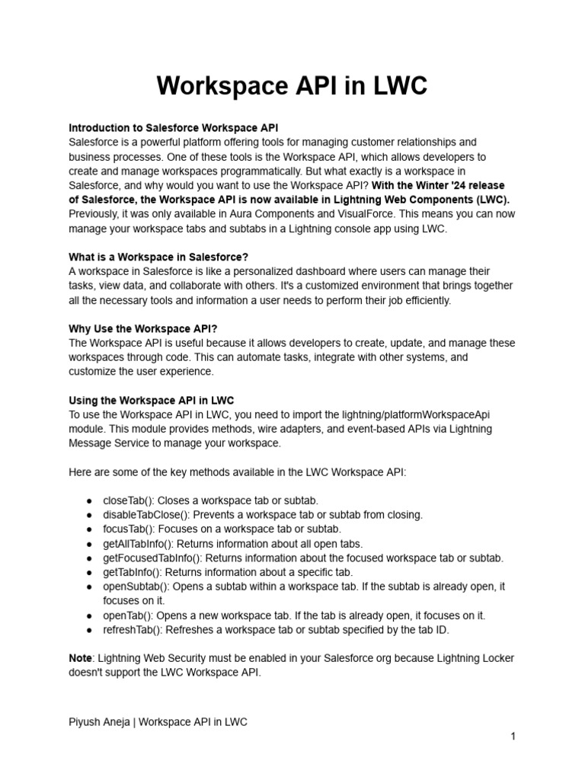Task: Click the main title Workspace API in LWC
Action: click(x=292, y=87)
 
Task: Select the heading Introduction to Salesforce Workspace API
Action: click(x=179, y=128)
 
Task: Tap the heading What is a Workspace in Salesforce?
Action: click(x=158, y=257)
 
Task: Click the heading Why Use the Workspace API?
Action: click(x=143, y=328)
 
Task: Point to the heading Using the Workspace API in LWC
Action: click(x=152, y=400)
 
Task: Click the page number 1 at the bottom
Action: click(x=513, y=737)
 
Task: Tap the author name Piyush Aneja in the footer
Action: click(x=99, y=722)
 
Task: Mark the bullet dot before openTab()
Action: click(x=90, y=615)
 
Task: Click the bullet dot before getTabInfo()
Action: click(x=90, y=573)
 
